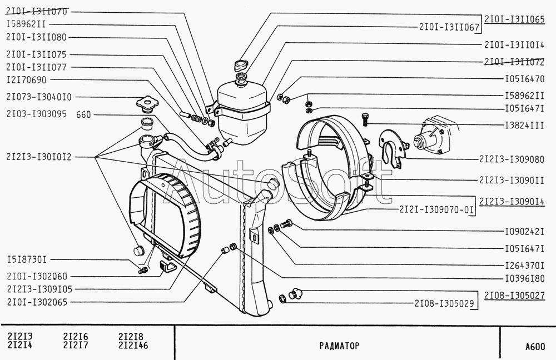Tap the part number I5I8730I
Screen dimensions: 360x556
click(27, 259)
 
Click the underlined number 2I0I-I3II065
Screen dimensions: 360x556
click(514, 19)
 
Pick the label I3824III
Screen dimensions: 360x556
click(524, 126)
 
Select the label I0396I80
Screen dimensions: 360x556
click(524, 277)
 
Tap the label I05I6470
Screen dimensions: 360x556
click(524, 79)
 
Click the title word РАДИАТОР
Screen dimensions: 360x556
click(339, 345)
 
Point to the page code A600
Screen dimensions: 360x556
click(534, 347)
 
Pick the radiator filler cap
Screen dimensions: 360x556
click(146, 104)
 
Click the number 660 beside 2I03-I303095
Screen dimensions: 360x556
click(83, 115)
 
